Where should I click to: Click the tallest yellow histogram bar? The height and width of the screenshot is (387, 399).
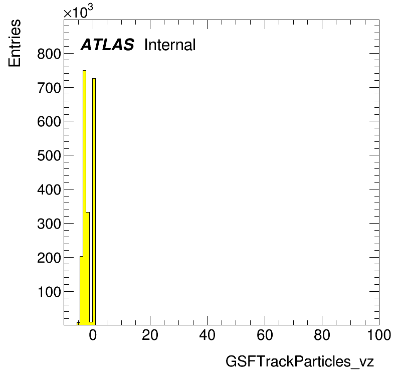85,198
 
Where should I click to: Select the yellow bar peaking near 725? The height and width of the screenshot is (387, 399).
94,202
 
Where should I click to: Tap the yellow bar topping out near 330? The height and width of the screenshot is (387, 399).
88,268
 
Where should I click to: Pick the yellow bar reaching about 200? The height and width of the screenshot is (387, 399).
81,291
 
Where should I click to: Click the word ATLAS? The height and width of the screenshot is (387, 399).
107,45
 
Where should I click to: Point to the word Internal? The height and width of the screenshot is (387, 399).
170,45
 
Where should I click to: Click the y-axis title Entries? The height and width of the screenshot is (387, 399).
15,43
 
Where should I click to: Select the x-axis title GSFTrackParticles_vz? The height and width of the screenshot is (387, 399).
300,361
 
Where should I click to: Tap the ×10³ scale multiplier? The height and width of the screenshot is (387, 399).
78,12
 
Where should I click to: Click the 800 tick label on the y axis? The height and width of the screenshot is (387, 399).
49,54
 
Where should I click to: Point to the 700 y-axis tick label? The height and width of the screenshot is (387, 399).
49,88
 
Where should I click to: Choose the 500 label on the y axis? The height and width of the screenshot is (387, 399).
49,155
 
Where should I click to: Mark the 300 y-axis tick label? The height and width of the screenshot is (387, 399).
49,224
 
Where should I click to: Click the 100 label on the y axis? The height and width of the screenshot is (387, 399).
49,292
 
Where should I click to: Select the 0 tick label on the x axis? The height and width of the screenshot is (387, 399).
93,335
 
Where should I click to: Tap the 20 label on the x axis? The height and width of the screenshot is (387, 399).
150,335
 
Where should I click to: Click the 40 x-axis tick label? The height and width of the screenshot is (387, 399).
208,335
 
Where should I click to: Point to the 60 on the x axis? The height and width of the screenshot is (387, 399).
265,335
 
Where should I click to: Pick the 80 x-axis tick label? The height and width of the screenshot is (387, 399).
322,335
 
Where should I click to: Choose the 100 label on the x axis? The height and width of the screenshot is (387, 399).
379,335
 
